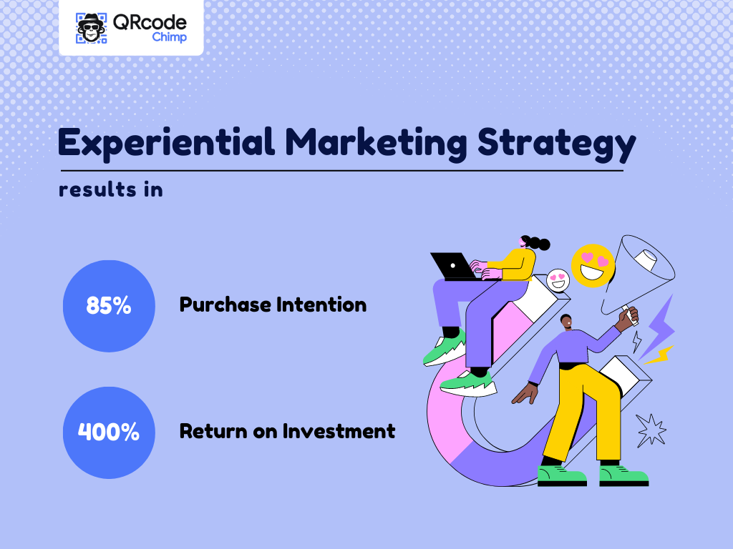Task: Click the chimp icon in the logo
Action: point(91,28)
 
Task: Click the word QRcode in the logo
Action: point(150,22)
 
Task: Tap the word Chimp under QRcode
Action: point(169,37)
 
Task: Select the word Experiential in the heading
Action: point(166,143)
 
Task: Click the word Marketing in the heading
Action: point(376,143)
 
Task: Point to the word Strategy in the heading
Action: point(556,144)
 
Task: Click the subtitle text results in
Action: point(111,189)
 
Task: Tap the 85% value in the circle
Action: point(109,306)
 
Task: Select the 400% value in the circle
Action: point(109,432)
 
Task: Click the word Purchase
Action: point(225,305)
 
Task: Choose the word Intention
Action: point(321,305)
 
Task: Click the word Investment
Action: point(339,431)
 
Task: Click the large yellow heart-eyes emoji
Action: point(593,266)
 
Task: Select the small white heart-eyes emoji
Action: point(558,280)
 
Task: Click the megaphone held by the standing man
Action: point(639,274)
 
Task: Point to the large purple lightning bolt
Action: point(657,327)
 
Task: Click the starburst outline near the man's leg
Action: point(651,430)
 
